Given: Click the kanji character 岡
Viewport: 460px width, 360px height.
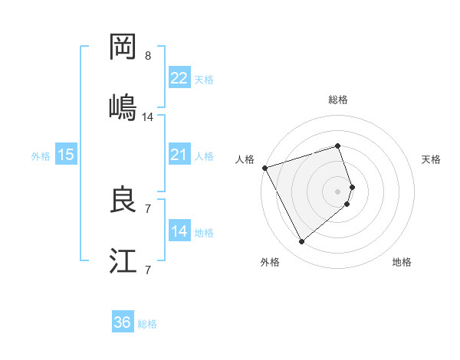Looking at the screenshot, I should click(123, 47).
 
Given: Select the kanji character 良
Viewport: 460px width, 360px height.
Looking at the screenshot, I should click(123, 200).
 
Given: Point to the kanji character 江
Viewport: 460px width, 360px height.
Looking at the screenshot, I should click(123, 260).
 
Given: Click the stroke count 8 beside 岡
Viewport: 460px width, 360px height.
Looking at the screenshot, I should click(148, 56).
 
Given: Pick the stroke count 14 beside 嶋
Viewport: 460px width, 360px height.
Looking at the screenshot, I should click(148, 116).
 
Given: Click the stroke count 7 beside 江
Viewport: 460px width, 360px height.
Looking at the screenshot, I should click(148, 270).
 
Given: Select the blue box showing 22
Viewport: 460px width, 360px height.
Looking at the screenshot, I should click(179, 78).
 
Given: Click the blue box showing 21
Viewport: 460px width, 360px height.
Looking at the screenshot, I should click(179, 155).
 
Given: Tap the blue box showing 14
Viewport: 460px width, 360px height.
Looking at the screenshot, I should click(179, 231).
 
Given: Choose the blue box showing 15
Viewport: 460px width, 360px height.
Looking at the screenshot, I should click(66, 155).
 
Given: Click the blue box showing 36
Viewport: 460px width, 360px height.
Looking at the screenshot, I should click(123, 322).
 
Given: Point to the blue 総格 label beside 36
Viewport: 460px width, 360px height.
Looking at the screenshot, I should click(147, 324).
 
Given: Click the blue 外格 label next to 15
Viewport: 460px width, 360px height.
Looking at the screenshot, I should click(41, 156).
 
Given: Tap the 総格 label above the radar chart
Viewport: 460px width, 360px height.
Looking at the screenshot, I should click(338, 100).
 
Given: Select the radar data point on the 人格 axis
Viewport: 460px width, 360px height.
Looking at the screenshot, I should click(264, 167).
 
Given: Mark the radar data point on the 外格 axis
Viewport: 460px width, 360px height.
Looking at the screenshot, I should click(301, 241).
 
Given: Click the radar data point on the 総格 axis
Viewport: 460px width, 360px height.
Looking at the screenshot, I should click(337, 146).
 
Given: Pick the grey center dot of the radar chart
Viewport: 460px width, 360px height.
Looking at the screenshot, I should click(338, 191).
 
